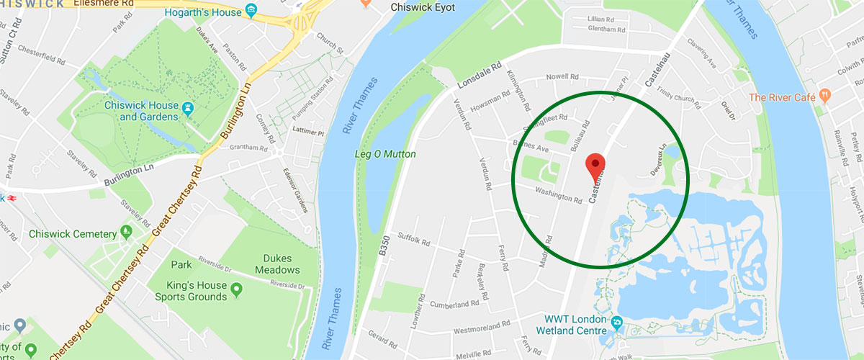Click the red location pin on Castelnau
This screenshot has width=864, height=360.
[x=595, y=163]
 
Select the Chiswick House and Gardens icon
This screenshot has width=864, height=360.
[x=189, y=108]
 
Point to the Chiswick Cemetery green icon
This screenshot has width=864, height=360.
[x=127, y=232]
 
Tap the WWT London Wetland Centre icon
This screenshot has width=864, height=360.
[x=617, y=320]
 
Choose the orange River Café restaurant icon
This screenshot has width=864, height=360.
[x=825, y=94]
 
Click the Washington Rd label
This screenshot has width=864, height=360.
[x=558, y=194]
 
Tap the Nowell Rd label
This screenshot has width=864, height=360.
[x=562, y=76]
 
